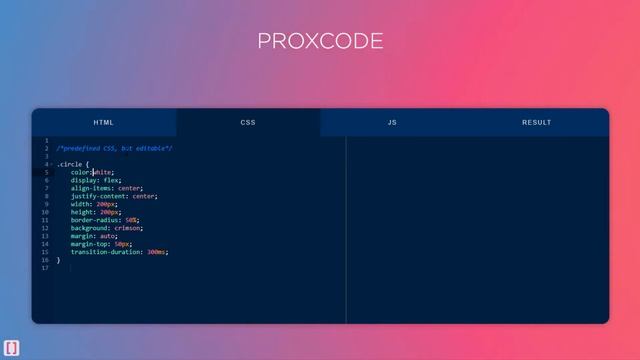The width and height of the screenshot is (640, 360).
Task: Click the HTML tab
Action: (104, 122)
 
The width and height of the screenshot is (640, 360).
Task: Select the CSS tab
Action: (248, 122)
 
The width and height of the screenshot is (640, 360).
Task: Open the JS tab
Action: (392, 122)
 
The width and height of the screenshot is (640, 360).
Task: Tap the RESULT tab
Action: (536, 122)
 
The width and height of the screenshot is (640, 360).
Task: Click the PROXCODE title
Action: (320, 41)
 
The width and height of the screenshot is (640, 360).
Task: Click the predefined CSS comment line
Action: (114, 148)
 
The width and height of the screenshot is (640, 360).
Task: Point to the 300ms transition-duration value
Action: (157, 252)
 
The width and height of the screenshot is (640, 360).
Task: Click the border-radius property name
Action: (96, 220)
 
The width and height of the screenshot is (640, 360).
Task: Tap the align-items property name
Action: (92, 188)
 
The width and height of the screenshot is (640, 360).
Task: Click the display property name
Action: (86, 180)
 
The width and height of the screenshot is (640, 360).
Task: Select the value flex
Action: (111, 180)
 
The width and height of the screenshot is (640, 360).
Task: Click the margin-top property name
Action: (90, 244)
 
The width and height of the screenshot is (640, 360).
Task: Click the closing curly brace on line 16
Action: (58, 260)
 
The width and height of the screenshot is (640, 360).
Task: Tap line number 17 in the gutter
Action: (45, 268)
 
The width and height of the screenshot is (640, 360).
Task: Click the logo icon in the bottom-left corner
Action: (10, 348)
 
